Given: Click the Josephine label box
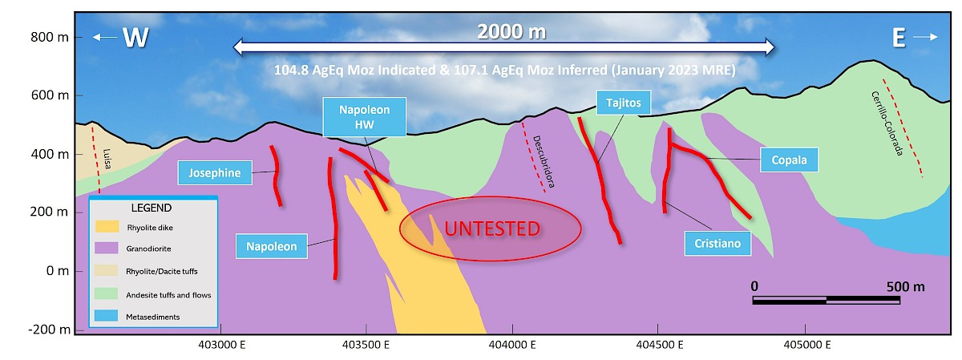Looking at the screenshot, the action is point(215,172).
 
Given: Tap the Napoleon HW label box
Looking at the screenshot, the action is point(364,117).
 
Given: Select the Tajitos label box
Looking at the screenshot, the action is point(624,103).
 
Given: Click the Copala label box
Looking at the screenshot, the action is point(789,160).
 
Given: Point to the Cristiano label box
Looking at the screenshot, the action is point(717,244).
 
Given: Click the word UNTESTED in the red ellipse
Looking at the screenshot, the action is point(492,229).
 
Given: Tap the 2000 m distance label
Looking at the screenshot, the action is point(511,32).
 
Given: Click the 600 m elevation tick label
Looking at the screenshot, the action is point(50,95).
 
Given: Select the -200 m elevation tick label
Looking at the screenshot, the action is point(49,330).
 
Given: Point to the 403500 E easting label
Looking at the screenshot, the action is point(366,345).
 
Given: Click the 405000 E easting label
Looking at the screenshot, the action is point(807,345).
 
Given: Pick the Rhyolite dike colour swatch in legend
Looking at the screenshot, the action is point(107,227).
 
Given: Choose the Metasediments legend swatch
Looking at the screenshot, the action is point(106,316).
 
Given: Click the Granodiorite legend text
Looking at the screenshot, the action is point(148,249).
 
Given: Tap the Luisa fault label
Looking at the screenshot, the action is point(107,159).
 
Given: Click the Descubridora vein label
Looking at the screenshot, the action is point(544,161).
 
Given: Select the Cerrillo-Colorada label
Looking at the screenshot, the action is point(887,123).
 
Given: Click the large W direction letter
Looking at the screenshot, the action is point(135,38).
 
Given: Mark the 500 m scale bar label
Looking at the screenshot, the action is point(905,286).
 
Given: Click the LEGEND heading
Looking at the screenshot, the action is point(152,208).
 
